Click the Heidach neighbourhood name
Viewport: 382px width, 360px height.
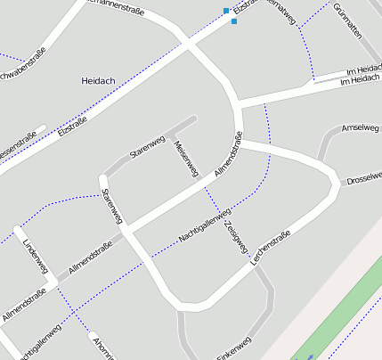point(98,80)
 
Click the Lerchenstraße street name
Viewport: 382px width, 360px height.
point(272,247)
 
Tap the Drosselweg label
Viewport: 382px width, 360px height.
point(364,178)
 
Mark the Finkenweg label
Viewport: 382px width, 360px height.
point(234,347)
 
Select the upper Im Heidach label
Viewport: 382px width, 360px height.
point(363,70)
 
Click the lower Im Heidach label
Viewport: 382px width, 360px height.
point(360,81)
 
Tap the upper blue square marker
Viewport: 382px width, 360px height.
point(225,11)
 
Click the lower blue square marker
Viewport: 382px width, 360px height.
point(234,20)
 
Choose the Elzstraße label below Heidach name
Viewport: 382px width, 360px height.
point(72,127)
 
